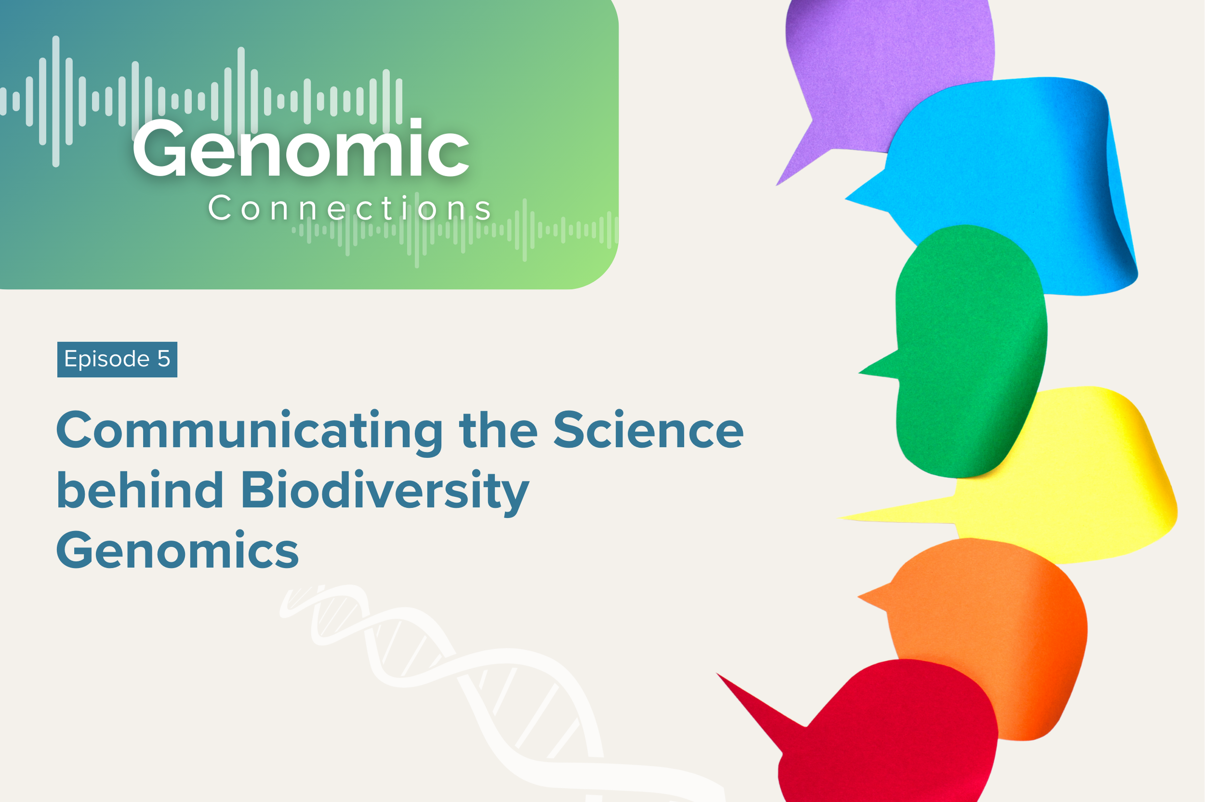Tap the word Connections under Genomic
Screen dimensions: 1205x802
(350, 208)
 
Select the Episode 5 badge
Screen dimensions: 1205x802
(117, 359)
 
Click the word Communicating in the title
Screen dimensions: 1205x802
(249, 431)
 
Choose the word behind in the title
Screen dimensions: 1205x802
(140, 489)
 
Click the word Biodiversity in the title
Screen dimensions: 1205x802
(385, 492)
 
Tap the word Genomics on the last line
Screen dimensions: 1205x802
(177, 550)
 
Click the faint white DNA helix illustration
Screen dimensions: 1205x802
(460, 680)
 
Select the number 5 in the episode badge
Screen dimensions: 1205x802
(164, 359)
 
